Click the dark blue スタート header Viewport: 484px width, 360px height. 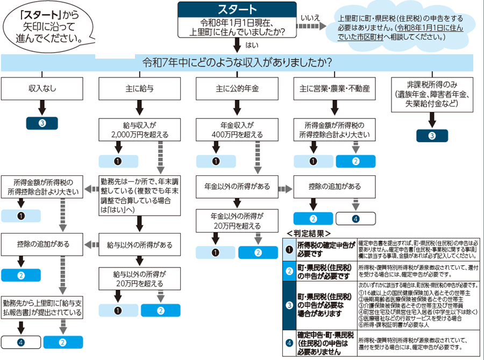pyautogui.click(x=237, y=10)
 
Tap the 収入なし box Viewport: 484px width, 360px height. pyautogui.click(x=42, y=88)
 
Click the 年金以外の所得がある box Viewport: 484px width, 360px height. pyautogui.click(x=237, y=187)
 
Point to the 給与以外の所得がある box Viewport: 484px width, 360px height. pyautogui.click(x=139, y=245)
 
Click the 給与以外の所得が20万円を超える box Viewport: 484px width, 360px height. pyautogui.click(x=139, y=278)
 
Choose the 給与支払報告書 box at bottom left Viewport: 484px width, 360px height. pyautogui.click(x=42, y=307)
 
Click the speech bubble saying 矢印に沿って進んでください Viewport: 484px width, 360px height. pyautogui.click(x=46, y=25)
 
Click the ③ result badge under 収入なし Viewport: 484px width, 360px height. pyautogui.click(x=42, y=123)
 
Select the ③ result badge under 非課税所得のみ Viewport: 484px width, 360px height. pyautogui.click(x=431, y=136)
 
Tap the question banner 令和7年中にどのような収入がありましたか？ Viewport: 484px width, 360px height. pyautogui.click(x=237, y=62)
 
